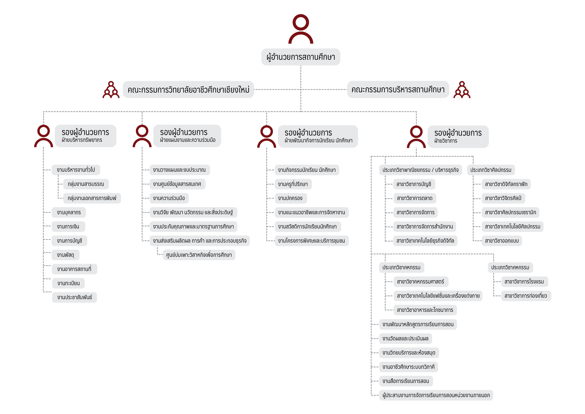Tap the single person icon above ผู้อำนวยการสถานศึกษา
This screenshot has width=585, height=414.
pos(301,29)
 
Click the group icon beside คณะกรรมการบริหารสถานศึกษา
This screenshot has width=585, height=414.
pos(462,90)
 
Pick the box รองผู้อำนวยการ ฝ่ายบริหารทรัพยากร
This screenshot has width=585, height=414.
pos(85,136)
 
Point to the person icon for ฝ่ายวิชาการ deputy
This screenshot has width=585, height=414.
pos(416,137)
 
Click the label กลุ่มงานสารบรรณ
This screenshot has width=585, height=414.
pos(86,184)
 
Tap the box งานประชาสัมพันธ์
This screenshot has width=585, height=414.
pos(74,297)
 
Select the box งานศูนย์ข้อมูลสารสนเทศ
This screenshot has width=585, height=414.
pos(177,184)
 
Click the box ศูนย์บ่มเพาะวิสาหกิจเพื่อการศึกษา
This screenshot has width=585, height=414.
pos(199,255)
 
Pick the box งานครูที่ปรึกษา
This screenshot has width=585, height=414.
pos(293,184)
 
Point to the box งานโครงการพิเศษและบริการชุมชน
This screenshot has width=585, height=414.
pos(311,241)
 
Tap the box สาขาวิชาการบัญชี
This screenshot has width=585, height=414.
pos(414,184)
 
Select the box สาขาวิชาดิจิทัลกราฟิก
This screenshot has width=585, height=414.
pos(506,184)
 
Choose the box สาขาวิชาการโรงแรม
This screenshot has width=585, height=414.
pos(524,282)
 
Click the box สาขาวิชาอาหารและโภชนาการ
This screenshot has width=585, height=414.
pos(425,310)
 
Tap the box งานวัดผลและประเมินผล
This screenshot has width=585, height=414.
pos(405,339)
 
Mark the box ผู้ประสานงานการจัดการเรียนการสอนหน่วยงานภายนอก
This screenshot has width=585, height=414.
pos(436,395)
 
